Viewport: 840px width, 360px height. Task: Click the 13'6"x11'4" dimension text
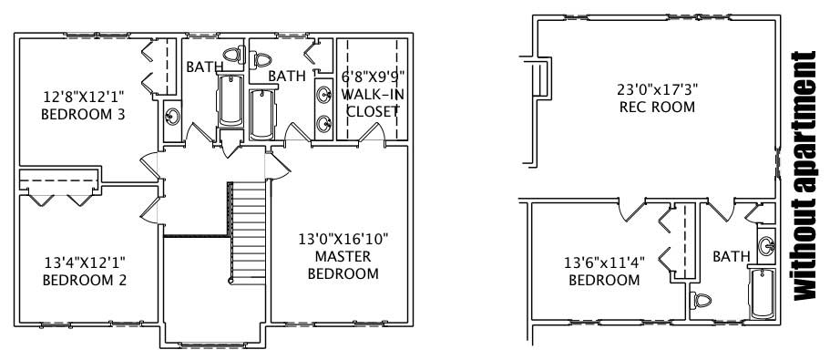[604, 262]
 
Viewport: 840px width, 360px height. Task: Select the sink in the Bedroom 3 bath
[171, 117]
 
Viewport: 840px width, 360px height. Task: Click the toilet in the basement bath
[702, 299]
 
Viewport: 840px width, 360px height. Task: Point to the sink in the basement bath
[766, 245]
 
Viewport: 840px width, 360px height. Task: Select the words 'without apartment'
[806, 176]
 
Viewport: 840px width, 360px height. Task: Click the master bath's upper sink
[323, 92]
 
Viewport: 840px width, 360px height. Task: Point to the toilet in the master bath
[263, 58]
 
